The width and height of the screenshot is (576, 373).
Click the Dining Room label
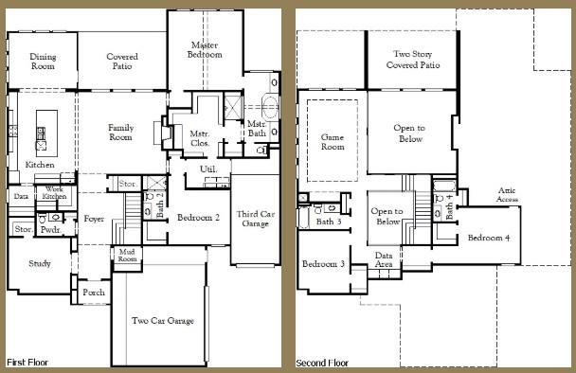point(43,62)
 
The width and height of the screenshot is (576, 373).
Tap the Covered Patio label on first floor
point(121,62)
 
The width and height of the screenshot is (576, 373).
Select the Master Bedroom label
point(206,50)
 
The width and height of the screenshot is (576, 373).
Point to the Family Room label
point(120,133)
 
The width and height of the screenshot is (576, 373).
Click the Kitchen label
point(40,165)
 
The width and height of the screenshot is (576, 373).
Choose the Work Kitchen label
point(55,192)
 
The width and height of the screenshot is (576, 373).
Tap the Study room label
point(40,263)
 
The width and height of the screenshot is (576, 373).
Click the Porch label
point(94,293)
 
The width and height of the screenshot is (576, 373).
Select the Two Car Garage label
point(163,321)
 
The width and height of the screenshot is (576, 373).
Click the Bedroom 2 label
point(199,217)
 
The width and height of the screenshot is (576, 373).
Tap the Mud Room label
point(126,254)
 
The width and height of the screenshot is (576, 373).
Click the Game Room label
point(333,142)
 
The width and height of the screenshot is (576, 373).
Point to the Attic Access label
point(508,196)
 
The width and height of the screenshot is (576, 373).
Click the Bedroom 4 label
point(489,237)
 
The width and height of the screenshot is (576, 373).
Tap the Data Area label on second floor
point(385,260)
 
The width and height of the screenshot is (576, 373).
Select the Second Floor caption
point(323,363)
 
